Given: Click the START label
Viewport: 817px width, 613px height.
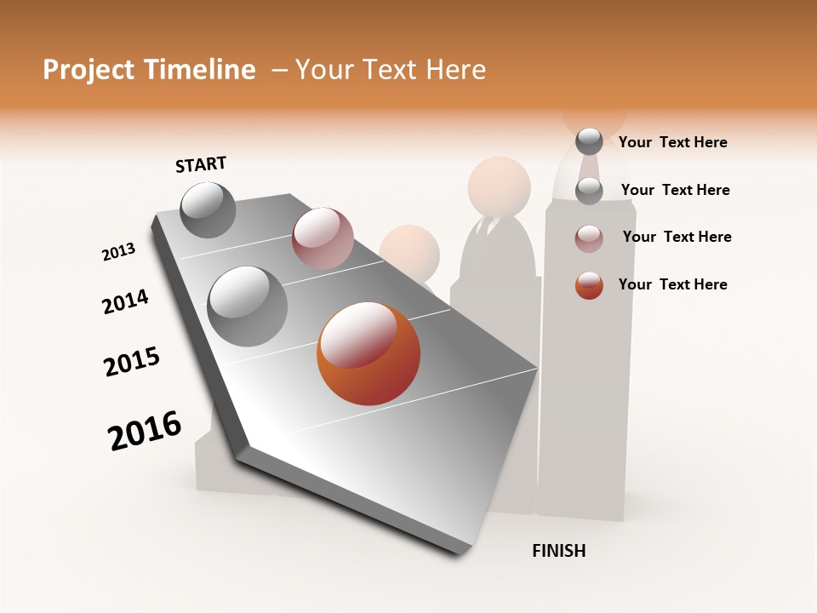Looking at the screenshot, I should [x=201, y=164].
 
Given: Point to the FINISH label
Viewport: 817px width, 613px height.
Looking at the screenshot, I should [x=558, y=551].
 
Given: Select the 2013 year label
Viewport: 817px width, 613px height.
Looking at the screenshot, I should [x=118, y=252].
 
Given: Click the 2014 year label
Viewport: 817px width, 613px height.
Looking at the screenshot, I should [x=125, y=301].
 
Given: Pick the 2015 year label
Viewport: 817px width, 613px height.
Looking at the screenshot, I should [x=132, y=362].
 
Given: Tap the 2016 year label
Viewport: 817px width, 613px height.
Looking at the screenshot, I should [x=145, y=431].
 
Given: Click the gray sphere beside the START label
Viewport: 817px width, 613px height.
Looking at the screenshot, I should [x=209, y=210].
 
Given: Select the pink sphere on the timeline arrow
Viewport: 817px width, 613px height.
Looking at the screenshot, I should [x=323, y=238].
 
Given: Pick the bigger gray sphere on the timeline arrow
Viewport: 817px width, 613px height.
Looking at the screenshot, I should [x=248, y=306].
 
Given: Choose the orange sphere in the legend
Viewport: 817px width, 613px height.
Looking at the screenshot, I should [x=589, y=285].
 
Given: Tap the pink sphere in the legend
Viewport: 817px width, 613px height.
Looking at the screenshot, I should [x=589, y=238].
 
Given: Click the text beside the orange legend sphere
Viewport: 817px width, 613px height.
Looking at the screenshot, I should [x=672, y=284].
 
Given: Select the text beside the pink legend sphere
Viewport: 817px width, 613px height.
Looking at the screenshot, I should [x=677, y=237].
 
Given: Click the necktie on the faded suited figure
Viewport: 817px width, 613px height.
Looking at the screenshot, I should [x=487, y=228].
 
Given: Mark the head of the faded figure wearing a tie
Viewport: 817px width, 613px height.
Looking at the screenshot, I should [x=500, y=185].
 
